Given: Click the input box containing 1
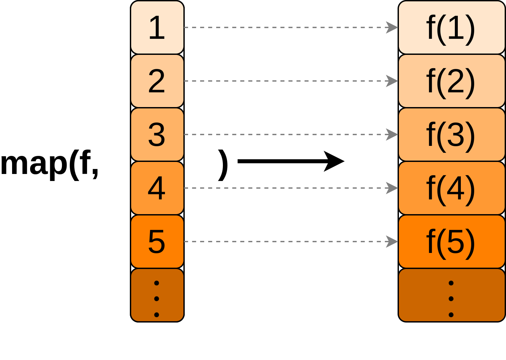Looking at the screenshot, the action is point(157,27).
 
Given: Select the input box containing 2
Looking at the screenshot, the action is point(157,81).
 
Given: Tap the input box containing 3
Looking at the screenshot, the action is point(157,134).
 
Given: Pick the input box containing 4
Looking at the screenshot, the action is point(157,188).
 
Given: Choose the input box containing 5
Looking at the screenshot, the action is point(157,242).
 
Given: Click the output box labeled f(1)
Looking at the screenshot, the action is point(451,27).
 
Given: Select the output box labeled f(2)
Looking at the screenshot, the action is point(451,81).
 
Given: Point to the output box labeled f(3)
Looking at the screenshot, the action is point(451,134).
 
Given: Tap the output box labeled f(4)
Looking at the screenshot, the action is point(451,188).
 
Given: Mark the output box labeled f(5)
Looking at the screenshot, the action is point(451,242).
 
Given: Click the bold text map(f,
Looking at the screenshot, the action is point(50,165).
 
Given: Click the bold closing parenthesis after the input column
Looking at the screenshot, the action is point(223,165).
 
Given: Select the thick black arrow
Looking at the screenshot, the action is point(291,161).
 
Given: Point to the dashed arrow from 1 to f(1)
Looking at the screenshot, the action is point(291,27).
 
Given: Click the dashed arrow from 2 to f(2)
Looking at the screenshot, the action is point(291,81).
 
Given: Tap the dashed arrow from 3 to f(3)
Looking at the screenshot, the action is point(291,134).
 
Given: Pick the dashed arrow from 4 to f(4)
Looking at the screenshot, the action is point(291,188).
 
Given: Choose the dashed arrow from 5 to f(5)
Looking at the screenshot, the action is point(291,242).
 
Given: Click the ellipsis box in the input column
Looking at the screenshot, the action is point(157,295).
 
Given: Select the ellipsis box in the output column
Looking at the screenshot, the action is point(451,295).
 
